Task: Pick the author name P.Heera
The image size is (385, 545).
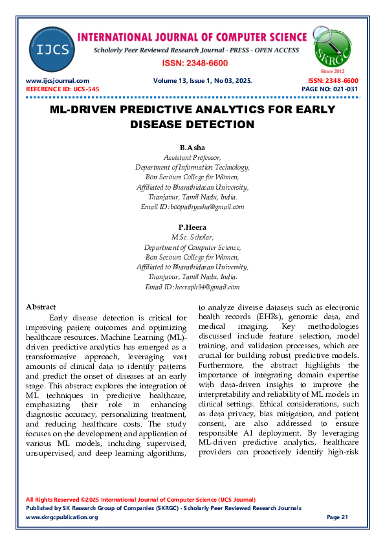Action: tap(192, 227)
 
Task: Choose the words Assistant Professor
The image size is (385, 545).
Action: tap(192, 157)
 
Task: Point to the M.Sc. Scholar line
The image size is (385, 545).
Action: tap(192, 238)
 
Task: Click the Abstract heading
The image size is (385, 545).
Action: tap(41, 307)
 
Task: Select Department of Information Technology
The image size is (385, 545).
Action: tap(192, 167)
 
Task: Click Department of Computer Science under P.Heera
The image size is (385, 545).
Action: tap(192, 247)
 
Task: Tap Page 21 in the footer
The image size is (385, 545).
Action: tap(338, 517)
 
